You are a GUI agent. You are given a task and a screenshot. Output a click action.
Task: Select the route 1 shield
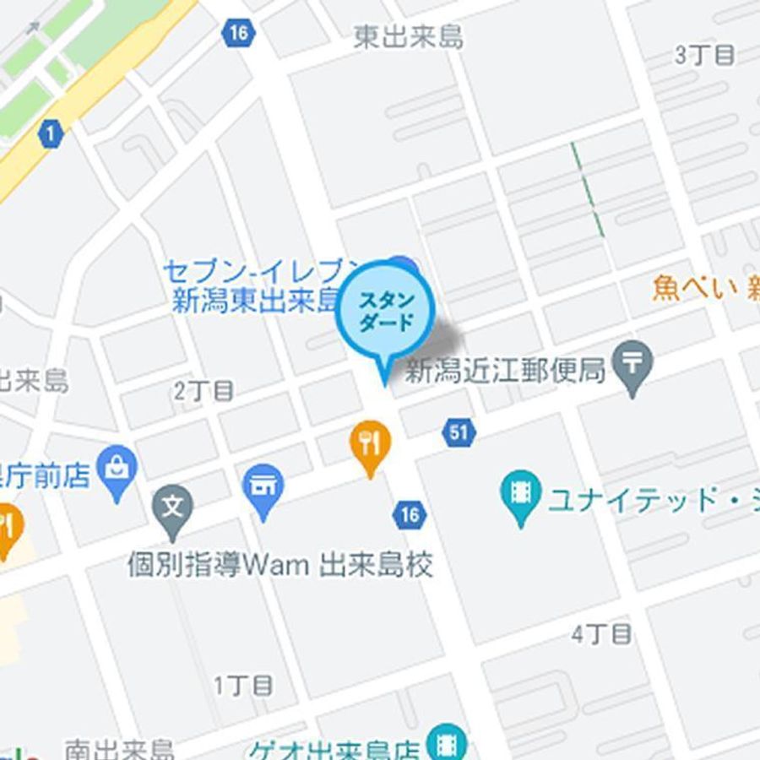pos(52,133)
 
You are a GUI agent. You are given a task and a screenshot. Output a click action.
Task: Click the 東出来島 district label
pos(408,38)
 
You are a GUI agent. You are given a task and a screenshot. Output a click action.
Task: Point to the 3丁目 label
pos(704,56)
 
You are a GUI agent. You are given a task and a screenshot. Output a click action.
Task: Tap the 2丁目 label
pos(204,391)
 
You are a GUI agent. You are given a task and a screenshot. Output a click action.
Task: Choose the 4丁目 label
pos(601,634)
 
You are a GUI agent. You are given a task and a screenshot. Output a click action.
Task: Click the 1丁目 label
pos(243,685)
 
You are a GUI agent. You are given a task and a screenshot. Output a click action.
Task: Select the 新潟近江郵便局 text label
pos(506,370)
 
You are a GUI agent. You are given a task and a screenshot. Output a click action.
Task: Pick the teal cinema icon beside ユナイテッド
pos(521,493)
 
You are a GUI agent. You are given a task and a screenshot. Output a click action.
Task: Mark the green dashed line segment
pos(587,188)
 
